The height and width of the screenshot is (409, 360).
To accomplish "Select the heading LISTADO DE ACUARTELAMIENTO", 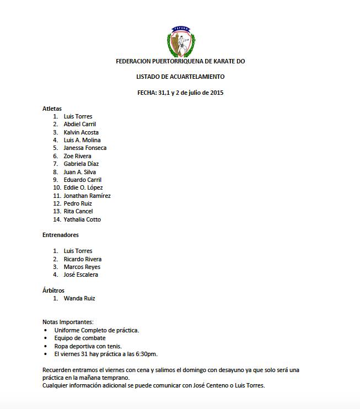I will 180,77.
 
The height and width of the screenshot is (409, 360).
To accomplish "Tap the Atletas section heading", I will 52,109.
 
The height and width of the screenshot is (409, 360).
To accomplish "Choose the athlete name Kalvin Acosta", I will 81,132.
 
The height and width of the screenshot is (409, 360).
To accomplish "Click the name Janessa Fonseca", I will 85,148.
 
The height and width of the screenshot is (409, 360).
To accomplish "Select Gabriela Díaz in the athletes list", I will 81,164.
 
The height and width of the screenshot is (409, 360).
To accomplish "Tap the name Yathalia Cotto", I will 82,219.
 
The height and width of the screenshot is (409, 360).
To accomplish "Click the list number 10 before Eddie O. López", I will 56,187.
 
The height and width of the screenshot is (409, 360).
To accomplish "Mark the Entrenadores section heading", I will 60,235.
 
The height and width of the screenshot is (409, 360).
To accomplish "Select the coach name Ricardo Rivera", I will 83,259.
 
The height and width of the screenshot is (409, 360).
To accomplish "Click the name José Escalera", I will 81,275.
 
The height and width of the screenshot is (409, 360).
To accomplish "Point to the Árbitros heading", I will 53,290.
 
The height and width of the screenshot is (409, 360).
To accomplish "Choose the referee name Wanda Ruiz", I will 79,298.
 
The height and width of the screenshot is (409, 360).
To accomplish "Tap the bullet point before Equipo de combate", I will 45,338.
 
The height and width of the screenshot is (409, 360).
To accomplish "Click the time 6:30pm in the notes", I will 147,354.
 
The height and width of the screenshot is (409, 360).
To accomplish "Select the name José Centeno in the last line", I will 207,386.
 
